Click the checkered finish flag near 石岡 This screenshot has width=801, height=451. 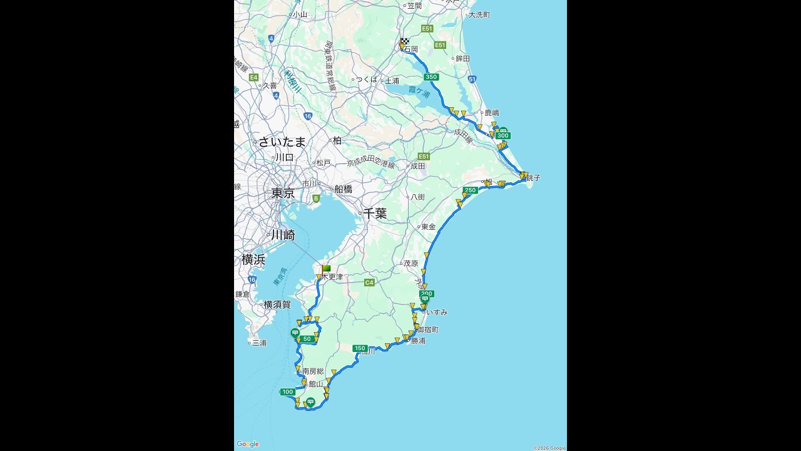coord(405,42)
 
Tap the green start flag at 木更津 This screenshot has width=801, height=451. coord(326,269)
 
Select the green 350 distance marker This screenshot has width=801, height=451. coord(431,77)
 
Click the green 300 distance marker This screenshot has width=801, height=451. coord(503,135)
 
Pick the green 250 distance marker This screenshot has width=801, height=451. coord(470,190)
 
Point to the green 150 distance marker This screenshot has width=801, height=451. coord(360,348)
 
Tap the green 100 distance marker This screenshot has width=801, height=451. coord(287,392)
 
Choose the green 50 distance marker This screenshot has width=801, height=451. coord(306,340)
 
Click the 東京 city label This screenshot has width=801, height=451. coord(283,194)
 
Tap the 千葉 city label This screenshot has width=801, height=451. coord(375,214)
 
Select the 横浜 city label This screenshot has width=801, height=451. coord(253,259)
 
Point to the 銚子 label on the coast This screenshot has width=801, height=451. coord(533,178)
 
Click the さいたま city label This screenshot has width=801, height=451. coord(282,142)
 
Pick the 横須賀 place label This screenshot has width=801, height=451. coord(277,304)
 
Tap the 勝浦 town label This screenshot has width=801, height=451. coord(418,341)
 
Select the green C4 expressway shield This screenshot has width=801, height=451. coord(369,283)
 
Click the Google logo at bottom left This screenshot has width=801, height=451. coord(248,444)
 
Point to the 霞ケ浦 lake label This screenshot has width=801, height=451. coord(419,91)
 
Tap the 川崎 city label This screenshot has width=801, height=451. coord(283,235)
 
